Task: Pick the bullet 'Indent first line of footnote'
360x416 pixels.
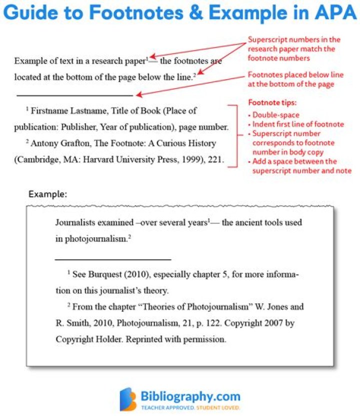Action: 298,124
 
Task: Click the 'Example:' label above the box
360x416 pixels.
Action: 47,194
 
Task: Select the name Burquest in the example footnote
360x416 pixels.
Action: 107,274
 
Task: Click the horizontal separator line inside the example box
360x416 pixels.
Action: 113,259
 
